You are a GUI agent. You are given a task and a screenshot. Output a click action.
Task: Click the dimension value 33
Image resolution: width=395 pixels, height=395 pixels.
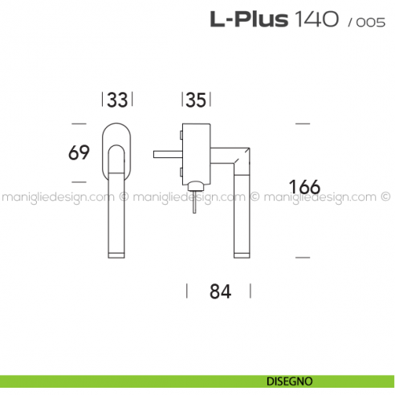click(117, 100)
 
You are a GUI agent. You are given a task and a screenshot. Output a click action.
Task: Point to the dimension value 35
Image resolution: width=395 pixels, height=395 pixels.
click(195, 100)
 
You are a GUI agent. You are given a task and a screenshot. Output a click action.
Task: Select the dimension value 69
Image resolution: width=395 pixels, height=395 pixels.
click(79, 152)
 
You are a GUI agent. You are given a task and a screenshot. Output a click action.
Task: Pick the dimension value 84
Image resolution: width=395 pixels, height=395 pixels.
click(220, 291)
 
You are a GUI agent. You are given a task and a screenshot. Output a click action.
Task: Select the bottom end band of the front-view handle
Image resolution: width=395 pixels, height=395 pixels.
click(117, 254)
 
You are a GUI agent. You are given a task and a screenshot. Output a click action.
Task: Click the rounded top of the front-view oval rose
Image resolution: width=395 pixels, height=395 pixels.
click(117, 126)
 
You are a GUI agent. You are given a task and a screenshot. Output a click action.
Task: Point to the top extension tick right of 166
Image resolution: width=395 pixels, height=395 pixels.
click(303, 124)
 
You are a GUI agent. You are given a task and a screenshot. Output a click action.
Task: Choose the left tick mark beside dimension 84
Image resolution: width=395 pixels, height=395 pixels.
click(187, 291)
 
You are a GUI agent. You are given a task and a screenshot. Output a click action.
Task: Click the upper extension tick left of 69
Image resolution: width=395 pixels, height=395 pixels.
click(78, 124)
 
